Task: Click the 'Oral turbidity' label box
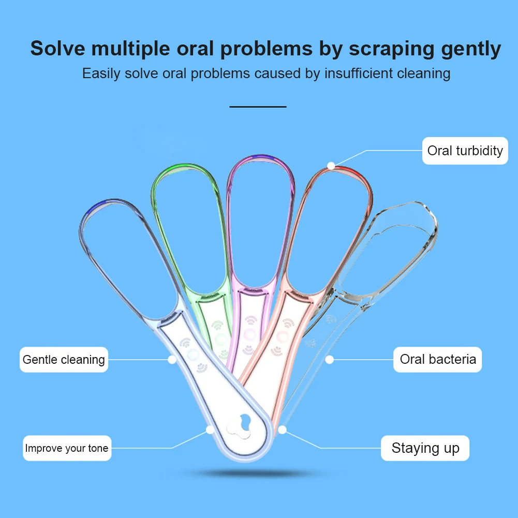click(465, 151)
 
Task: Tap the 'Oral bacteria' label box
click(438, 359)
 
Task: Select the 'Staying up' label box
click(425, 448)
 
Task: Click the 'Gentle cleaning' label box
click(64, 359)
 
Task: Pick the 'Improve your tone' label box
click(67, 448)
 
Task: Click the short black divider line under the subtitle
click(258, 106)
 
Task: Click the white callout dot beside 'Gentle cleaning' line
click(172, 359)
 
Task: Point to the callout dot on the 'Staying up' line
click(282, 430)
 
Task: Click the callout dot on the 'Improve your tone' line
click(210, 430)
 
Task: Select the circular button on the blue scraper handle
click(194, 354)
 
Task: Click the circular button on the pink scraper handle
click(282, 337)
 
